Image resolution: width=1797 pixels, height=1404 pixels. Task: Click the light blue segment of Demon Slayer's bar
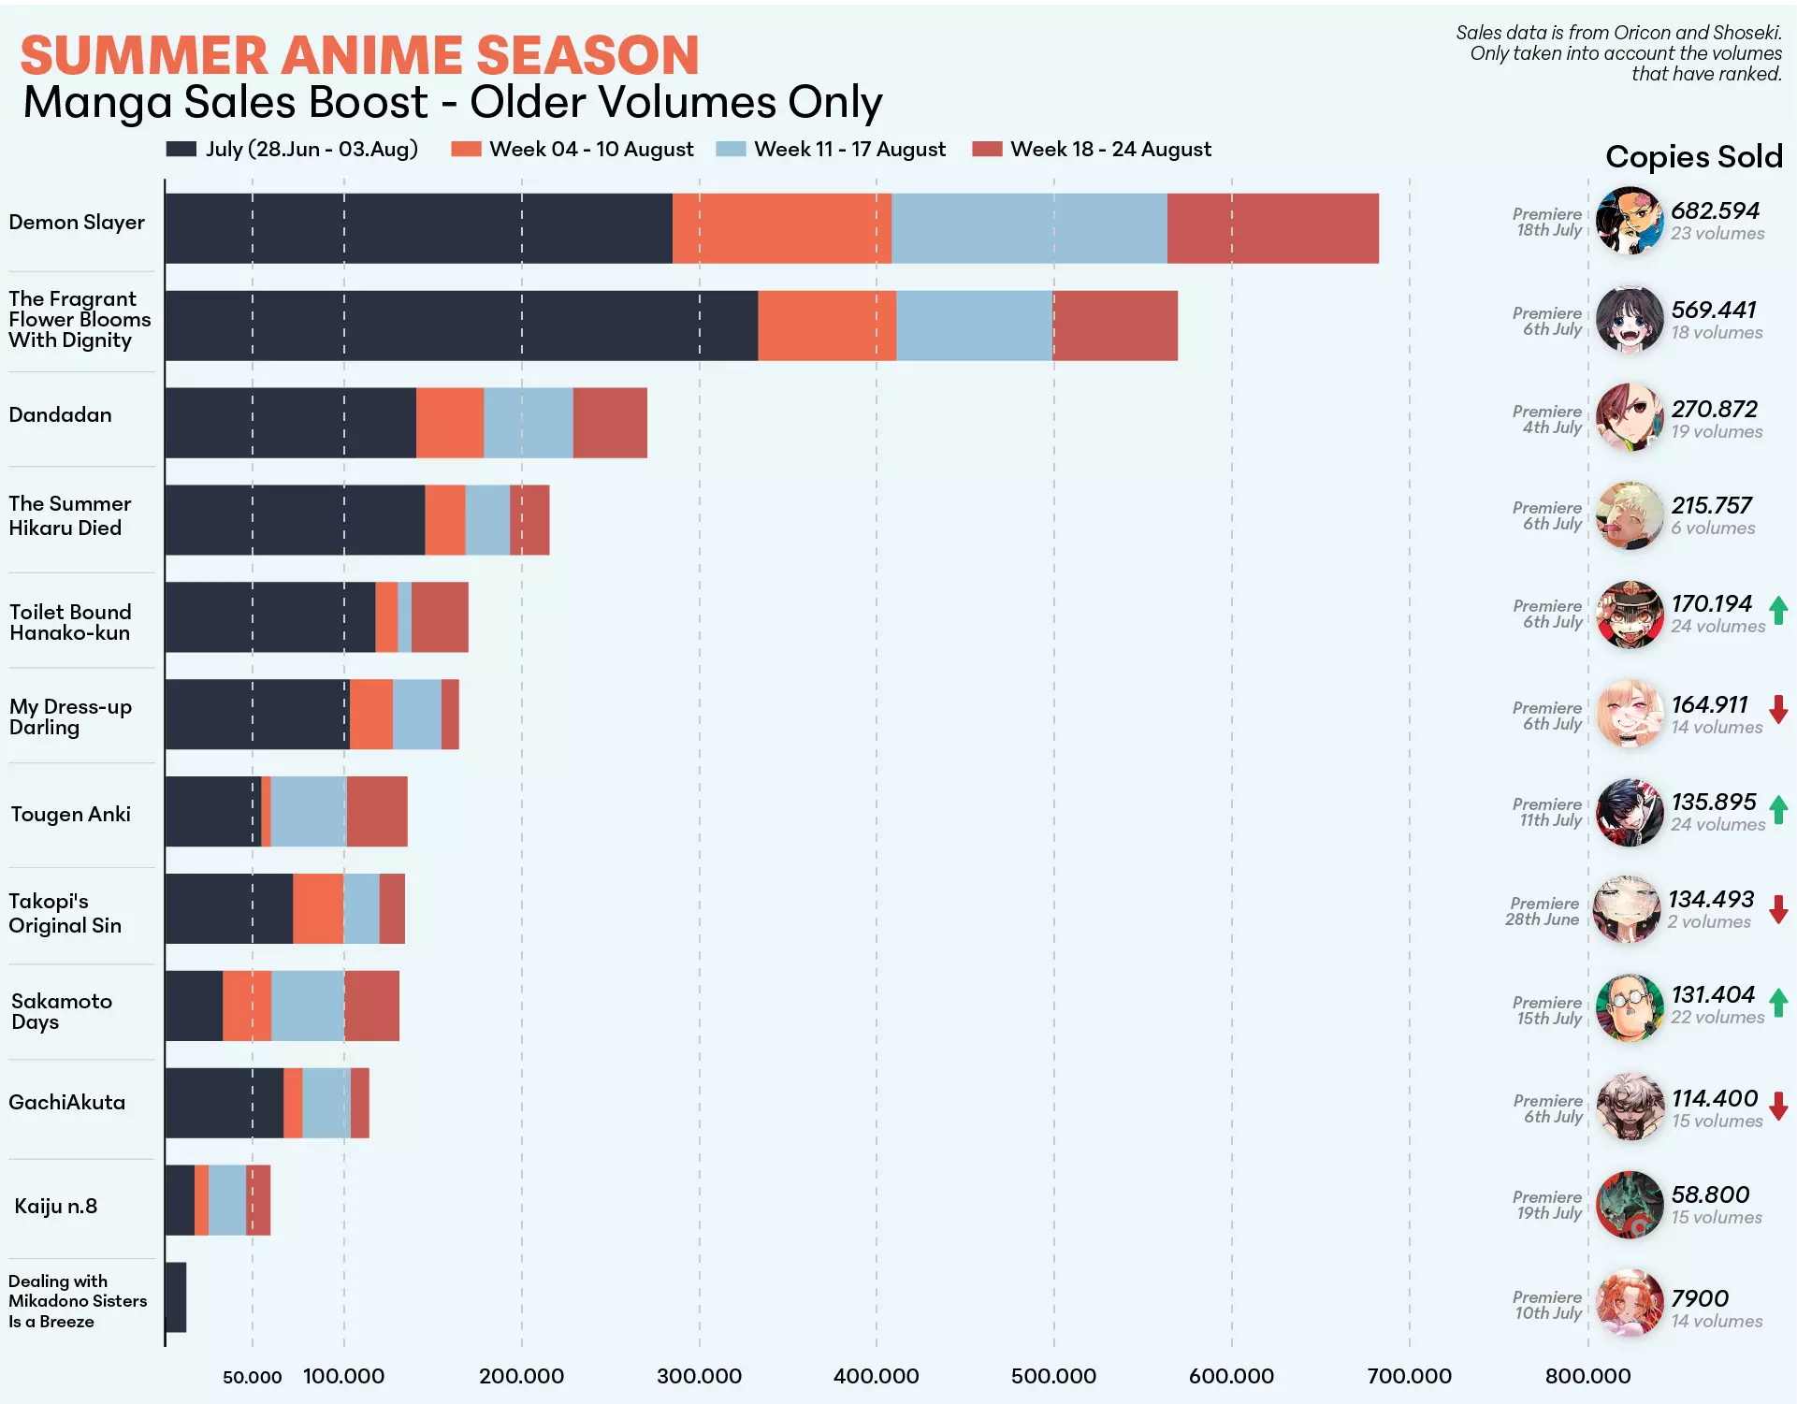tap(1029, 228)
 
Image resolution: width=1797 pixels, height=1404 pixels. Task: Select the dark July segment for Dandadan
tap(291, 423)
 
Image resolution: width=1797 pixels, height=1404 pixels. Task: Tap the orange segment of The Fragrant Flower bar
tap(827, 326)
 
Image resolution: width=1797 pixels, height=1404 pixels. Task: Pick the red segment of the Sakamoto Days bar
tap(371, 1006)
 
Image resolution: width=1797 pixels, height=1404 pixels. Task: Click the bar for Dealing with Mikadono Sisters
tap(176, 1297)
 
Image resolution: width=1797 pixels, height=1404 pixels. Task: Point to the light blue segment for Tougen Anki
tap(309, 812)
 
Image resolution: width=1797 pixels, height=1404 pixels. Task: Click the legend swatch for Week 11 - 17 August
tap(731, 150)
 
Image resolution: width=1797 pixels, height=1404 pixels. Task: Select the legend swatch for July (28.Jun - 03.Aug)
tap(181, 150)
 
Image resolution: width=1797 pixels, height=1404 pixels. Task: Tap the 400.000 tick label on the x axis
tap(877, 1376)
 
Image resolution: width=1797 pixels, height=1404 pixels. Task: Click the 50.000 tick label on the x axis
tap(253, 1377)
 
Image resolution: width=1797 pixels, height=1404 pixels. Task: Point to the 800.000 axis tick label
tap(1587, 1376)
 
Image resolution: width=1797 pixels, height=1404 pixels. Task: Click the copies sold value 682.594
tap(1716, 210)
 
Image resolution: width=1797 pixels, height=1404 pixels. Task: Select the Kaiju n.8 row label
tap(56, 1206)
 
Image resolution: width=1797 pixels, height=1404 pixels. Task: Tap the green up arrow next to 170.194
tap(1779, 611)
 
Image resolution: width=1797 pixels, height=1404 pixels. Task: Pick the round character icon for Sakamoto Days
tap(1630, 1007)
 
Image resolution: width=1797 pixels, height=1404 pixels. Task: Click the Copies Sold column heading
tap(1694, 157)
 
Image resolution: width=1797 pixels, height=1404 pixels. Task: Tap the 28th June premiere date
tap(1542, 919)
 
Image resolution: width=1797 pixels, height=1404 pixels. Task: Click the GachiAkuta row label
tap(66, 1102)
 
